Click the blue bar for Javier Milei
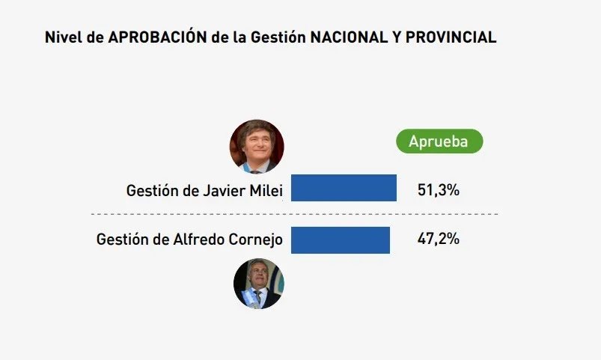tap(344, 188)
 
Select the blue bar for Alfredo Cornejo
tap(341, 240)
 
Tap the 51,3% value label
tap(438, 190)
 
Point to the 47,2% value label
tap(438, 240)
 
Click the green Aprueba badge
tap(439, 141)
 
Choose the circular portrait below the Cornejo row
tap(259, 284)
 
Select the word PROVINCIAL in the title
tap(452, 37)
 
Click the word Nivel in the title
tap(62, 37)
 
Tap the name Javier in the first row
tap(223, 191)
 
